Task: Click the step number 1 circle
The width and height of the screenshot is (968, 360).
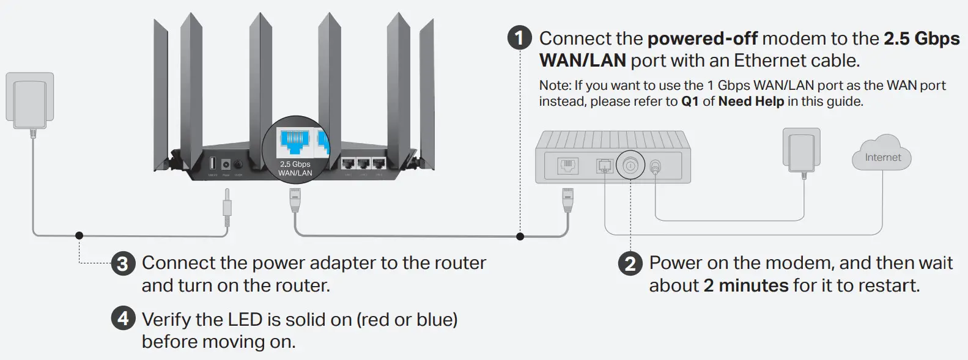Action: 519,39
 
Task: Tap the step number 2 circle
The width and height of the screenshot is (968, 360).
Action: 630,264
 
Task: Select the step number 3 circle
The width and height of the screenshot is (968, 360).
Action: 122,264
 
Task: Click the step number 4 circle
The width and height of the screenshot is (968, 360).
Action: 122,319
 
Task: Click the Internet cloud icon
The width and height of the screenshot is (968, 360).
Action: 882,155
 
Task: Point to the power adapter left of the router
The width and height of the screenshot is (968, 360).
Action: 29,101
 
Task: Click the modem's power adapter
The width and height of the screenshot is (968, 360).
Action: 801,150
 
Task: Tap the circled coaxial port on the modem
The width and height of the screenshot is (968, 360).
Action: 630,164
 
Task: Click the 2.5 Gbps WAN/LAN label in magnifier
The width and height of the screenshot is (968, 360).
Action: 295,169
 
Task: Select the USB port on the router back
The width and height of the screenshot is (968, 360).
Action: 212,163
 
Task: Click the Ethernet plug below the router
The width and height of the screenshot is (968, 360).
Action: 295,199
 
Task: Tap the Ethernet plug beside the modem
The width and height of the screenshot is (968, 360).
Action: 568,199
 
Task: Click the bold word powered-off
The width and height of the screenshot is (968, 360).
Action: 702,39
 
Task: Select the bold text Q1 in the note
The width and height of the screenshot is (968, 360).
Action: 690,101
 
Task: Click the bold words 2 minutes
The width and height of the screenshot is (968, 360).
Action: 745,285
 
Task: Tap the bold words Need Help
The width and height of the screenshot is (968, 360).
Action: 751,101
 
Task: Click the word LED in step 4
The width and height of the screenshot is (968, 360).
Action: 245,320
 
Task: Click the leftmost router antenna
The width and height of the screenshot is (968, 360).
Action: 161,92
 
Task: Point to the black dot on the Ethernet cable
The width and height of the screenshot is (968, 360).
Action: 520,236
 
